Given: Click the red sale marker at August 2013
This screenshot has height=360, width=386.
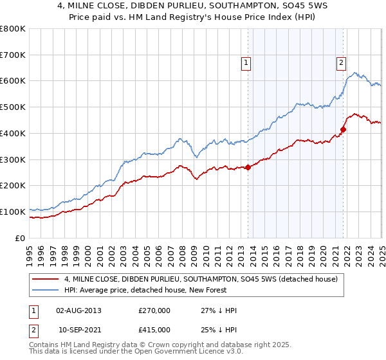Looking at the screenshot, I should click(x=248, y=167).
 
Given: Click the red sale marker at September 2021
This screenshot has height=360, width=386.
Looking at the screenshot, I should click(x=343, y=129).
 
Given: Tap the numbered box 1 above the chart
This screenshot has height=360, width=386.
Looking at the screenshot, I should click(x=247, y=62).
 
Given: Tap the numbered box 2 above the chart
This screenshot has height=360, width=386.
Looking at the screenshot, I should click(x=340, y=62).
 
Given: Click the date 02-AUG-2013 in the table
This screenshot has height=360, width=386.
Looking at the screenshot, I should click(x=78, y=310).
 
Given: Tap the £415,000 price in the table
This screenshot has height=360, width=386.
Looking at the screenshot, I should click(x=154, y=330).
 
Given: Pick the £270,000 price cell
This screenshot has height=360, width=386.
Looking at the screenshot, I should click(x=154, y=310).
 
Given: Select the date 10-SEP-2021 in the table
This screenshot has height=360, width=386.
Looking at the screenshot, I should click(x=79, y=330).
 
